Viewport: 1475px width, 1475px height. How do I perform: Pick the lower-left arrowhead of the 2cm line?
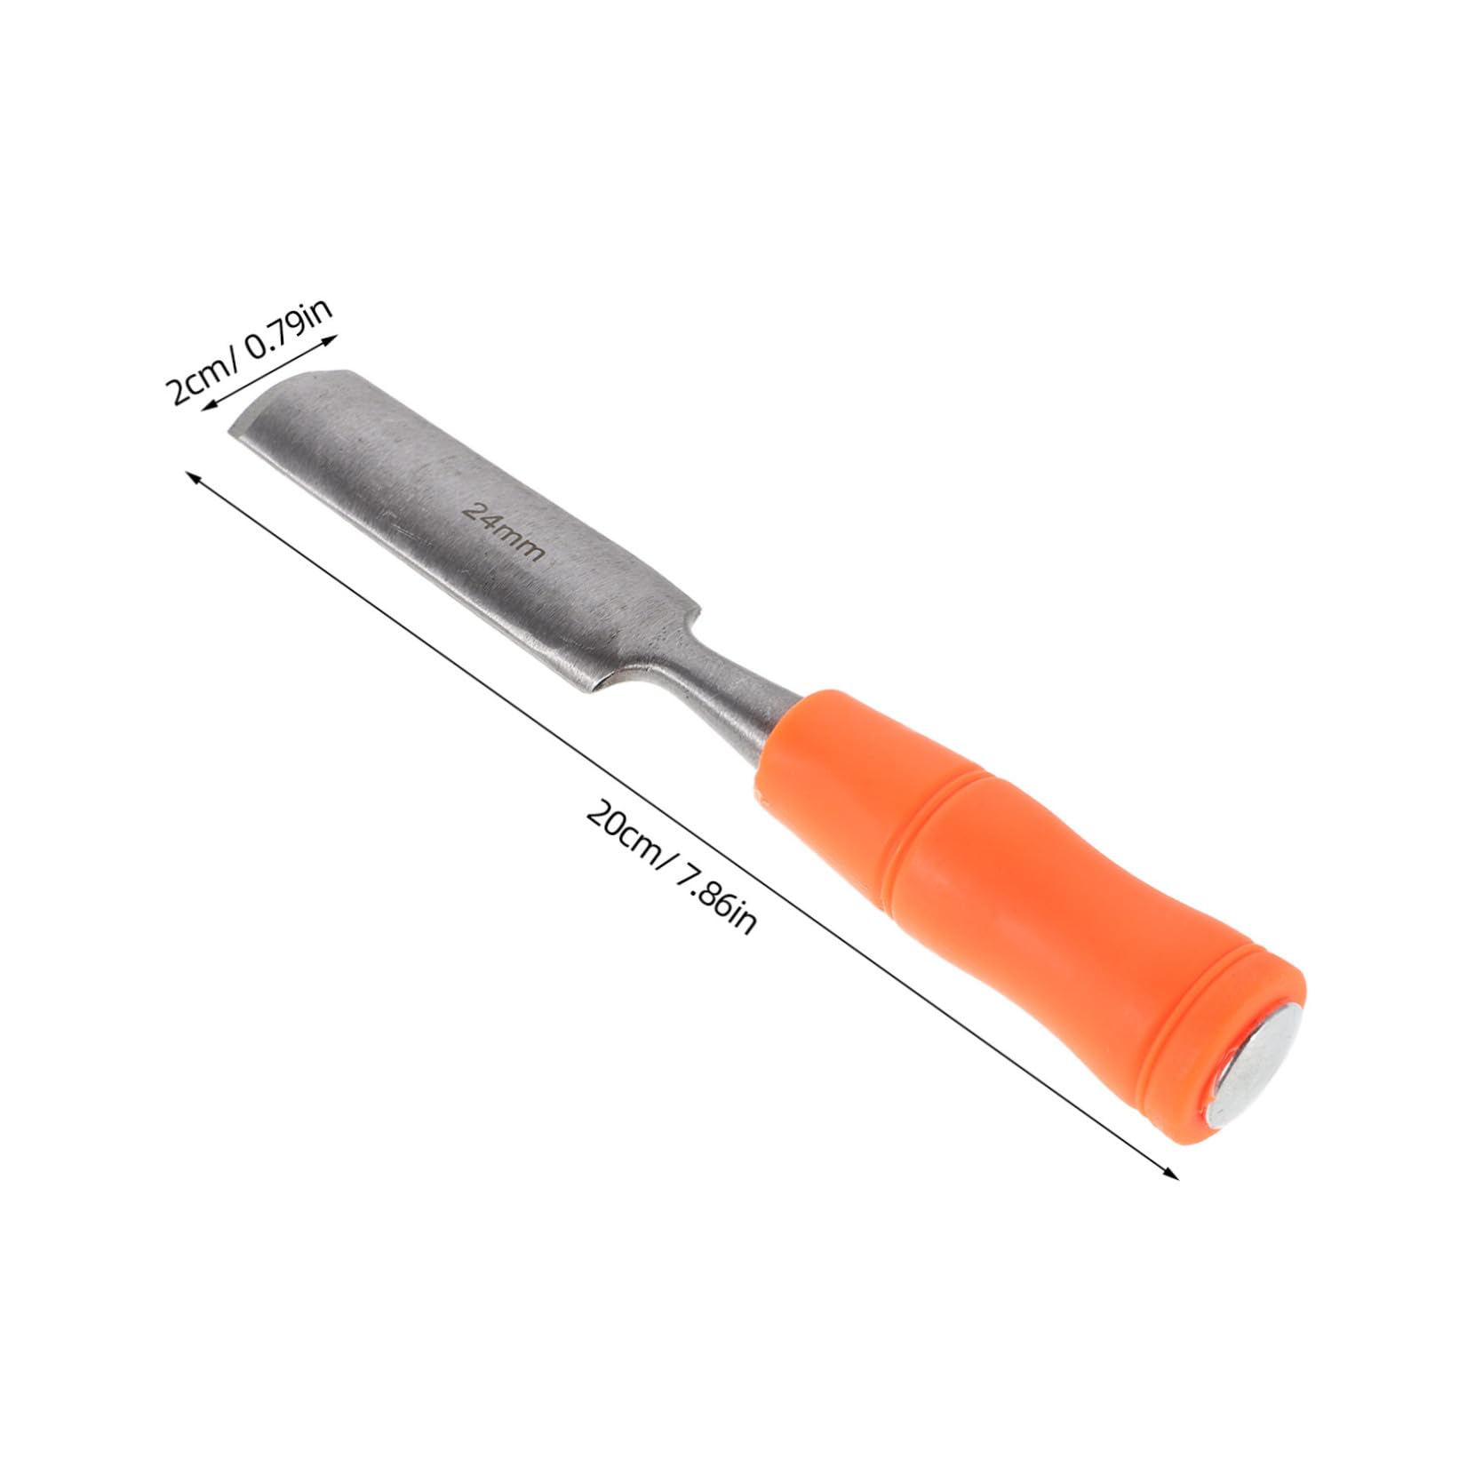click(206, 407)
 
